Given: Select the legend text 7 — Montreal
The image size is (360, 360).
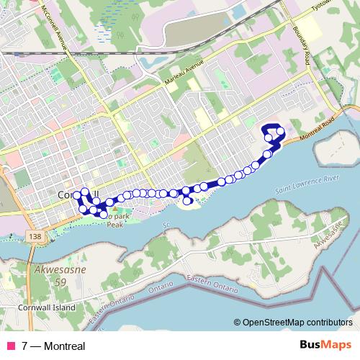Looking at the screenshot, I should (x=53, y=346).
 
